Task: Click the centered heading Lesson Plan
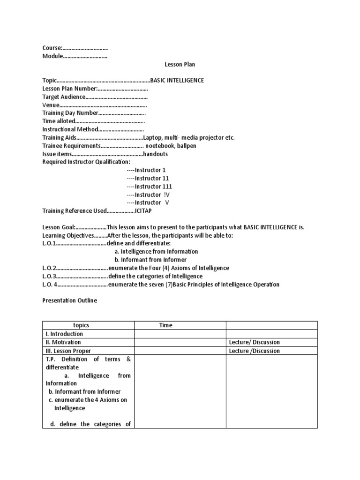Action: coord(180,64)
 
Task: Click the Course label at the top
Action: coord(52,48)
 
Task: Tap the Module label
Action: coord(52,56)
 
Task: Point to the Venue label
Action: coord(51,105)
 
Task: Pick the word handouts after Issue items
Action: coord(156,154)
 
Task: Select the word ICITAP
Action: coord(143,211)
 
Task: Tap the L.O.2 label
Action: coord(49,268)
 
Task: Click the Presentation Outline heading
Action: coord(70,300)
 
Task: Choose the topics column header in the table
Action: coord(81,325)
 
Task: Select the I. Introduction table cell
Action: coord(64,334)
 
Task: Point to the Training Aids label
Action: coord(59,138)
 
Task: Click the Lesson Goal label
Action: coord(59,227)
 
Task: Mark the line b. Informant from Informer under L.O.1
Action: coord(150,260)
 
